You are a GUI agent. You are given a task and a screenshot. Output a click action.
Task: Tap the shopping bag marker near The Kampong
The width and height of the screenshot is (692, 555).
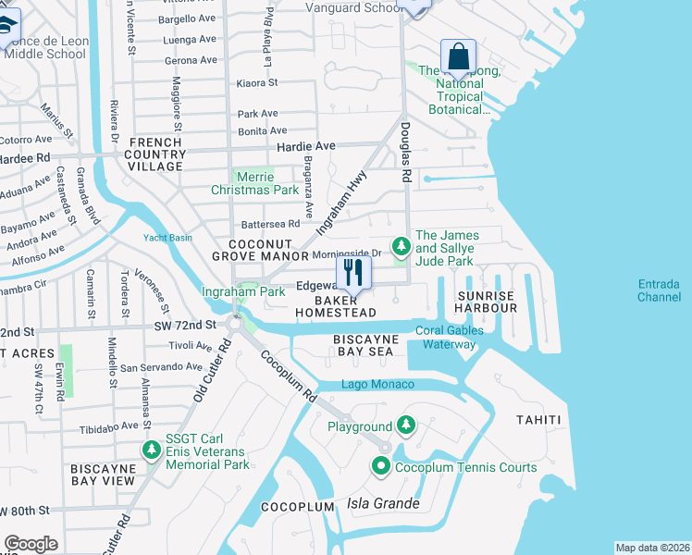tap(458, 57)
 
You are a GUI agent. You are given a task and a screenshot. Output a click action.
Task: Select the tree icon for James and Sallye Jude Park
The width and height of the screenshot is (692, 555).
tap(401, 247)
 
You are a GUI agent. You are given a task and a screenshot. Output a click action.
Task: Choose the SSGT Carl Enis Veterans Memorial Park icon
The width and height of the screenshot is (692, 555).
tap(151, 450)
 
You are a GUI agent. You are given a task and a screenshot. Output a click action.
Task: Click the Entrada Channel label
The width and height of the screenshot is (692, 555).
tap(659, 290)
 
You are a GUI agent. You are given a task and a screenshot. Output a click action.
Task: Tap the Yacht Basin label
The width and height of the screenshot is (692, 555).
tap(167, 238)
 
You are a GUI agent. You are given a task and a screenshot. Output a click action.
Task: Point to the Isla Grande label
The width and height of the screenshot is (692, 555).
tap(383, 504)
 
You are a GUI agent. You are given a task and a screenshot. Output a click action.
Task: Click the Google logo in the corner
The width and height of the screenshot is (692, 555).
tap(31, 544)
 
